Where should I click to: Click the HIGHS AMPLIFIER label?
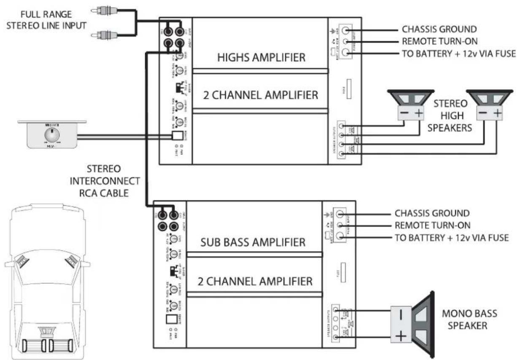(261, 57)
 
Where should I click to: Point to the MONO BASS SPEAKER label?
(469, 320)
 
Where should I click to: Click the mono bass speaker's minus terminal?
(401, 314)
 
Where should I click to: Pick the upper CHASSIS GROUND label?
(439, 30)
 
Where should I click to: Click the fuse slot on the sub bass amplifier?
(342, 273)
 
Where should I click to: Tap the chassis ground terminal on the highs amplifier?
(346, 30)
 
